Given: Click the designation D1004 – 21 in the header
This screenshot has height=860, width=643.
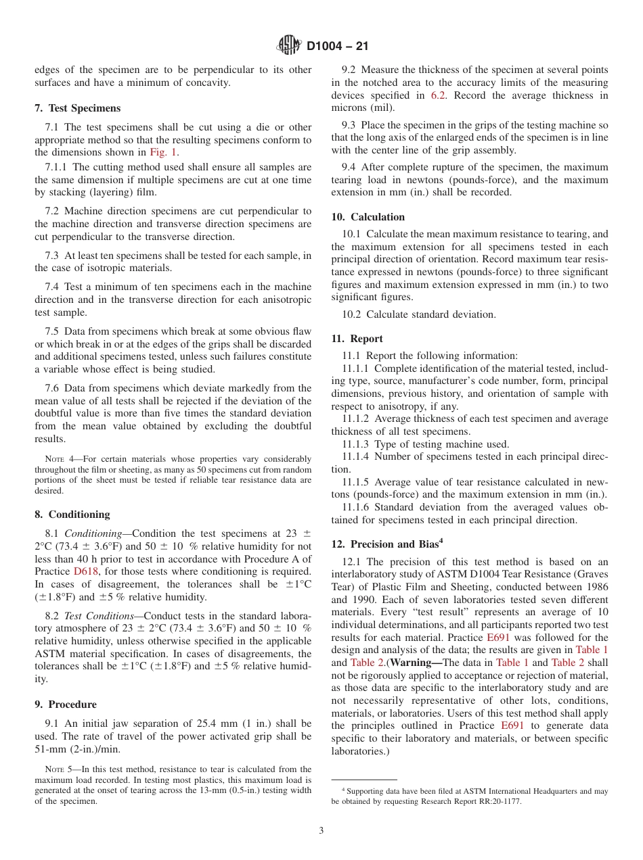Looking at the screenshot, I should click(x=337, y=47).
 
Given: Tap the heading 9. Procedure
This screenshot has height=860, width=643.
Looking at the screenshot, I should click(x=65, y=704).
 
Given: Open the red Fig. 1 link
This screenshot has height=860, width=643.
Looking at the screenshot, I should click(x=163, y=152).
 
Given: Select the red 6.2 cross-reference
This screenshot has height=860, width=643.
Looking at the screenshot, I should click(x=439, y=95).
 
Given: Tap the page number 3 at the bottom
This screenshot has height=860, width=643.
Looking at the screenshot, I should click(x=321, y=831).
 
